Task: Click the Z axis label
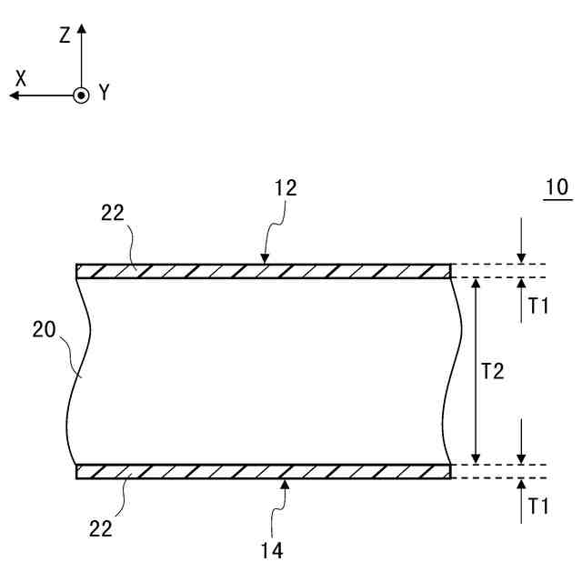click(x=65, y=35)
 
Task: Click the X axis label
click(x=21, y=79)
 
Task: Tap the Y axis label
click(x=104, y=92)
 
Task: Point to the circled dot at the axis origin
click(x=81, y=95)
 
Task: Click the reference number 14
click(x=272, y=549)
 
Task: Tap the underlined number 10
click(x=556, y=188)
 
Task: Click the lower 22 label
click(x=100, y=527)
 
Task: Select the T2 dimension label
click(x=492, y=370)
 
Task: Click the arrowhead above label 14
click(x=285, y=484)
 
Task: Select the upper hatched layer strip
click(x=264, y=271)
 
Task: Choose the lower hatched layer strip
click(x=264, y=471)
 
